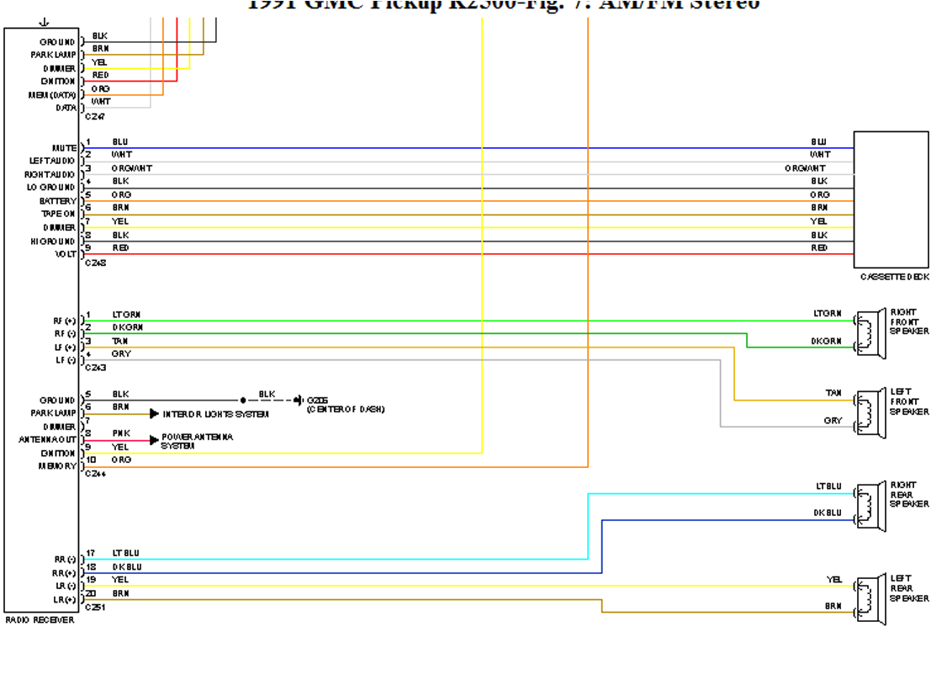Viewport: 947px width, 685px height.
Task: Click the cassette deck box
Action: point(891,199)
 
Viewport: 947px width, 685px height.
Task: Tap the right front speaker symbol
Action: point(871,333)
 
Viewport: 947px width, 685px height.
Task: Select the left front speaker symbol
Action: point(871,413)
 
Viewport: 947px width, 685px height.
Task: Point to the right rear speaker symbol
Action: point(871,506)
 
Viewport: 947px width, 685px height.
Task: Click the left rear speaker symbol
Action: point(871,599)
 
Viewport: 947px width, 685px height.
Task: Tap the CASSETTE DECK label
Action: point(894,277)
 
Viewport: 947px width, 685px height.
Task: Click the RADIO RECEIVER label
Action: point(40,620)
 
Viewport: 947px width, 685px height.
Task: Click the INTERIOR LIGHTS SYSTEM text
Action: point(215,414)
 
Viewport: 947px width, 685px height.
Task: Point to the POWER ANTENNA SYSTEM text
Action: point(197,441)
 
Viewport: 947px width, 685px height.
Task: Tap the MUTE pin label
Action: point(64,148)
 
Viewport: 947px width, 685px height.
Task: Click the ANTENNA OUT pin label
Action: point(47,439)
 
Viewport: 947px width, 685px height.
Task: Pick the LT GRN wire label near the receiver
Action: point(126,314)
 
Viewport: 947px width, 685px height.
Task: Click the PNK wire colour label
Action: point(121,433)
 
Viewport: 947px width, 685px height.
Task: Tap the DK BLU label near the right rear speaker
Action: point(827,512)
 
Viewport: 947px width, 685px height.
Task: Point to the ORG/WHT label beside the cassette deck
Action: point(805,168)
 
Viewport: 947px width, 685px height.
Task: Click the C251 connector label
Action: point(95,607)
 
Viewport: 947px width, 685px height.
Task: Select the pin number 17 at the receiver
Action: point(90,554)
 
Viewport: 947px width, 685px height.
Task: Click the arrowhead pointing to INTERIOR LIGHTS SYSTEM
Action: point(154,414)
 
